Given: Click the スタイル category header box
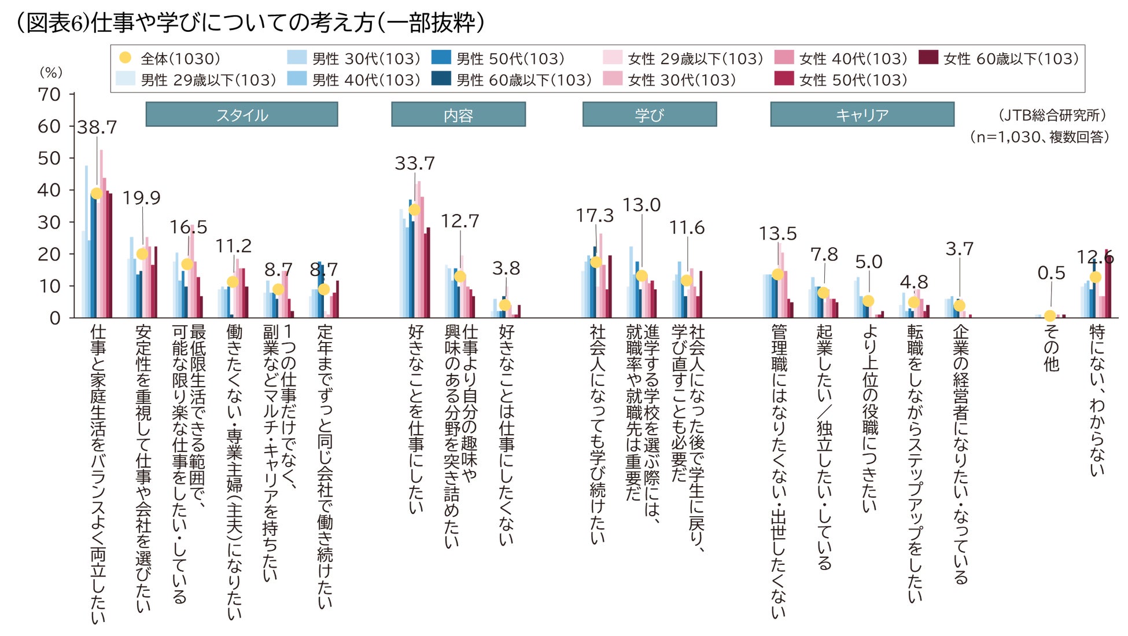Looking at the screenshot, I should coord(242,115).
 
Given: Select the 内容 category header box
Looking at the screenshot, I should coord(458,115).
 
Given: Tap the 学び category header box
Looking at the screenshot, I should coord(649,115).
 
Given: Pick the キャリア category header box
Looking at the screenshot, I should coord(862,115).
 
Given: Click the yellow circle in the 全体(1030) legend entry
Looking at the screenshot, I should coord(125,58).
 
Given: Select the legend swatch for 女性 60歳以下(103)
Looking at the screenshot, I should coord(928,58).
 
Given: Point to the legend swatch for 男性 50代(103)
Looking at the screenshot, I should coord(441,58).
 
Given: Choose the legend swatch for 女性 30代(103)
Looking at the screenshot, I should coord(613,79).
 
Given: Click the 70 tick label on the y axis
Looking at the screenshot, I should coord(49,94).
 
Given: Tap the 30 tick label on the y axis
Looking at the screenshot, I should coord(49,222).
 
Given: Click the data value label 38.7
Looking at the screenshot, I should coord(97,127).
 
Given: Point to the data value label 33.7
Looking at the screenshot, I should coord(415,163).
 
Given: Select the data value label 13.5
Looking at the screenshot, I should coord(777,234).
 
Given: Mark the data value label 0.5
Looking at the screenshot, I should coord(1051,273).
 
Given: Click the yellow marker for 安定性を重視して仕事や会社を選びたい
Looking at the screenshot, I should coord(142,254).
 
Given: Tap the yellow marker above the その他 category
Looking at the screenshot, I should coord(1050,316).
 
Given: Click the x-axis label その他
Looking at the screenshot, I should coord(1051,347).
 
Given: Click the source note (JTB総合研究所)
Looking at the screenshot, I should coord(1052,115).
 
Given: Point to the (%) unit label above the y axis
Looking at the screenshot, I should coord(51,72).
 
